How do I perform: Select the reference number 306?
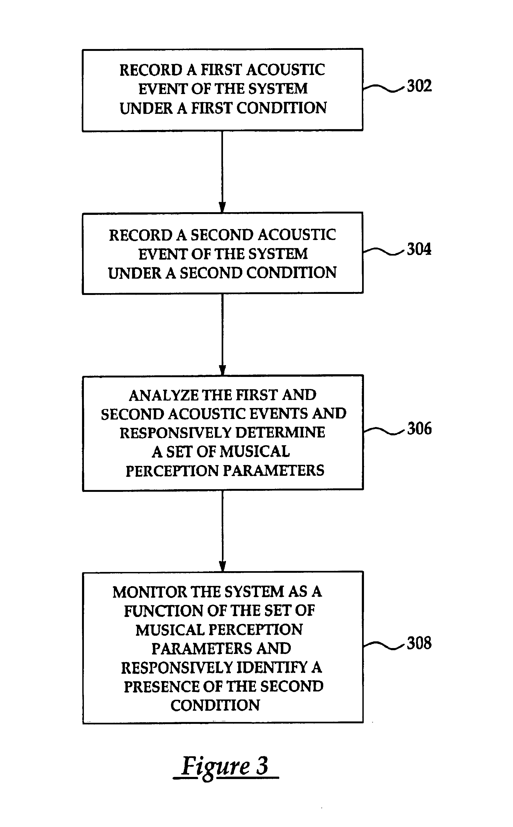[419, 428]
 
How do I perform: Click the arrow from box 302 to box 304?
[222, 172]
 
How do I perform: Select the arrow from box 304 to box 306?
[222, 334]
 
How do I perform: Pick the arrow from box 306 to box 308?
[222, 531]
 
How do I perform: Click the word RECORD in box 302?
[151, 70]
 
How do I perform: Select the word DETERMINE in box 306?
[280, 433]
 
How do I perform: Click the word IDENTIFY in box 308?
[272, 668]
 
